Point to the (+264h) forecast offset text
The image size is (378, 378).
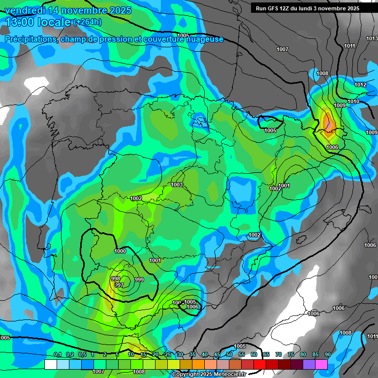(x=88, y=22)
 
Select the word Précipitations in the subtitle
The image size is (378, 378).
(x=29, y=39)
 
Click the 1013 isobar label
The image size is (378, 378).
(x=372, y=38)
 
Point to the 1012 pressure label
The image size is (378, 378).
(x=360, y=85)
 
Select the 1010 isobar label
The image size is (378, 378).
(x=353, y=101)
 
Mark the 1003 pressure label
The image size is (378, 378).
(x=177, y=185)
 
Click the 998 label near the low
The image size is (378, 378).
(x=116, y=279)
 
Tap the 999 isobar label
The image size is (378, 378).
(x=139, y=280)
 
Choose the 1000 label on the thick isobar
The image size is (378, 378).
(x=120, y=251)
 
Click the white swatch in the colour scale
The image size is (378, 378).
(x=50, y=364)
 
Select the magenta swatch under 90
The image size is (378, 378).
(x=321, y=364)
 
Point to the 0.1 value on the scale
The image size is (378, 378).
(x=57, y=355)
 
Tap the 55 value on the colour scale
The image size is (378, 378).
(x=242, y=355)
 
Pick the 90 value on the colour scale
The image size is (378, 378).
(x=327, y=355)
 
